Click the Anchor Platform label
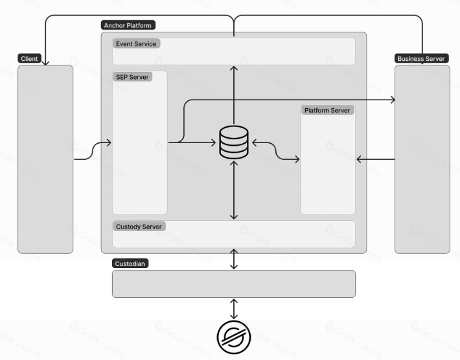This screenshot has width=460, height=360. (129, 25)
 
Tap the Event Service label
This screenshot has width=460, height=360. (136, 43)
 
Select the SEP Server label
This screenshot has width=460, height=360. (132, 77)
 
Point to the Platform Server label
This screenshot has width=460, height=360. (327, 110)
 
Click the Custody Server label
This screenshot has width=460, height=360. (139, 227)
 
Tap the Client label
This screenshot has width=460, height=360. (29, 58)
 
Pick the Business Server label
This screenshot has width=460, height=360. (421, 58)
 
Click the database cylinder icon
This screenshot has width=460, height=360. (234, 142)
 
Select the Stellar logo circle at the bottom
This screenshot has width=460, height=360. (234, 337)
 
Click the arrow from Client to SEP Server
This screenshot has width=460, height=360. (93, 150)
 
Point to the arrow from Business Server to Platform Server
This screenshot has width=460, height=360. (375, 159)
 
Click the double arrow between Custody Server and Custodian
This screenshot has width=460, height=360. (234, 258)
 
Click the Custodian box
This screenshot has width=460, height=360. (234, 284)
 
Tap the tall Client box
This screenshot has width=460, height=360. (45, 159)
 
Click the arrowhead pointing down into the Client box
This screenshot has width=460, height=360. (45, 62)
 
